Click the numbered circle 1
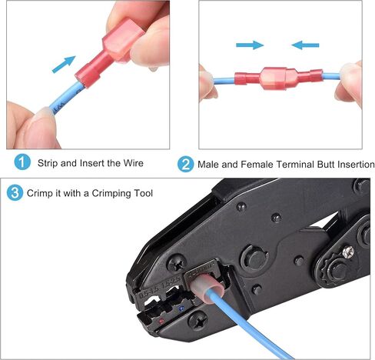click(22, 162)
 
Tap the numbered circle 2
click(185, 164)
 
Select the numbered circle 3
click(15, 193)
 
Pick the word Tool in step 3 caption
click(143, 193)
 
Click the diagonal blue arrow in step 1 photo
click(64, 65)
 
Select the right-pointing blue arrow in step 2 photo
click(250, 45)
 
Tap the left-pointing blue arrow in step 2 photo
click(305, 45)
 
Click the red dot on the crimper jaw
click(161, 321)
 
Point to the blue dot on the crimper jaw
click(181, 308)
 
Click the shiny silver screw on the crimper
click(348, 252)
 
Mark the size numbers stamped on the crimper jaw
click(159, 288)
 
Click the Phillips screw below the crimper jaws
click(198, 321)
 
